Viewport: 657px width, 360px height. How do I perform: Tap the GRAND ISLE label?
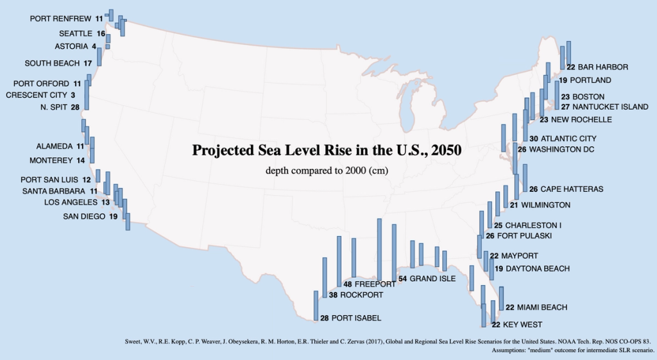click(x=432, y=279)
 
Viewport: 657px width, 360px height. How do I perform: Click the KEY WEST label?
click(x=522, y=325)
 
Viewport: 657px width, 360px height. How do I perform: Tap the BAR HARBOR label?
click(x=602, y=67)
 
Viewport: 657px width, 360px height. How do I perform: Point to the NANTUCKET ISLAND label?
click(x=610, y=107)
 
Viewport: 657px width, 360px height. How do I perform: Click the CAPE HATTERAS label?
click(x=572, y=189)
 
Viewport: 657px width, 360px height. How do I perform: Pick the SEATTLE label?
click(x=76, y=33)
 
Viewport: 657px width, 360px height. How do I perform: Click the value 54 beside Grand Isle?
click(x=402, y=279)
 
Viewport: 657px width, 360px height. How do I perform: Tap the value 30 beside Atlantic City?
click(x=534, y=139)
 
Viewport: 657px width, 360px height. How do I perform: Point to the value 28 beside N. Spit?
click(x=75, y=107)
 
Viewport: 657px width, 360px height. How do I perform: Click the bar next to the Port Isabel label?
click(x=316, y=305)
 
